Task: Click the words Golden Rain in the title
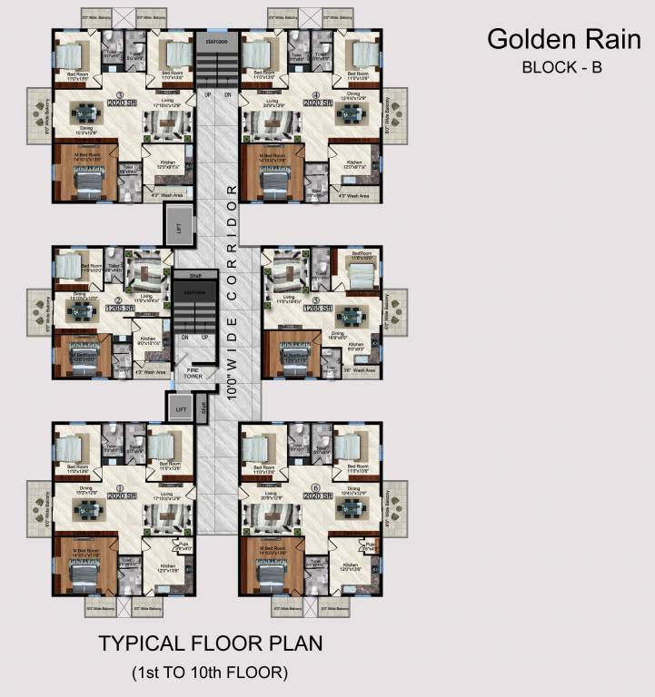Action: [563, 40]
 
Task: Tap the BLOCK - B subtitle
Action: [562, 66]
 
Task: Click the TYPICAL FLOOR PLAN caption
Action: [210, 644]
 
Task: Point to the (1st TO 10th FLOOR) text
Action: [210, 672]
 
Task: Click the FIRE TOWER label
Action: [192, 372]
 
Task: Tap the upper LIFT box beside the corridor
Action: [179, 230]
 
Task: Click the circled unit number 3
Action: [120, 94]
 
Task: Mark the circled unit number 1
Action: [120, 487]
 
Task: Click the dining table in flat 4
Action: [351, 114]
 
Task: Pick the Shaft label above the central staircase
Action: [194, 274]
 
